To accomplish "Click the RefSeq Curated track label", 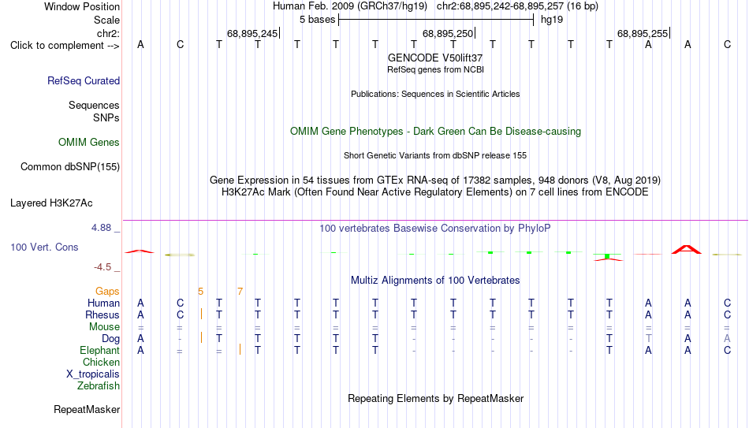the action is tap(84, 80).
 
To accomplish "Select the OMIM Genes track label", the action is tap(89, 143).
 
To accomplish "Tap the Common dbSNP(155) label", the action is tap(70, 167).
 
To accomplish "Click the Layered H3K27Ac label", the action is tap(51, 203).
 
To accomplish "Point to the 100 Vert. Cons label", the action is tap(44, 247).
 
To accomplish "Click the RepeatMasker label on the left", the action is tap(87, 409).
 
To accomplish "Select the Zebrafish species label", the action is tap(99, 385).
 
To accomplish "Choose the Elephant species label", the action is tap(99, 351).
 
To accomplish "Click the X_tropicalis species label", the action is tap(93, 374).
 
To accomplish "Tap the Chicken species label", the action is tap(101, 362).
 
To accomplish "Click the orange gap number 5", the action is tap(200, 292).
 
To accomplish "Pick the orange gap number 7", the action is tap(240, 292).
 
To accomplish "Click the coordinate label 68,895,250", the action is tap(448, 33).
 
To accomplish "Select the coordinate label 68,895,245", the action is tap(252, 33).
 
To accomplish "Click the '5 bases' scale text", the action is tap(317, 20).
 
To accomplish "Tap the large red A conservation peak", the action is tap(687, 249).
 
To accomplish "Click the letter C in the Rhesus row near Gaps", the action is tap(180, 314).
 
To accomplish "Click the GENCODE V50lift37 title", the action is tap(435, 58).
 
